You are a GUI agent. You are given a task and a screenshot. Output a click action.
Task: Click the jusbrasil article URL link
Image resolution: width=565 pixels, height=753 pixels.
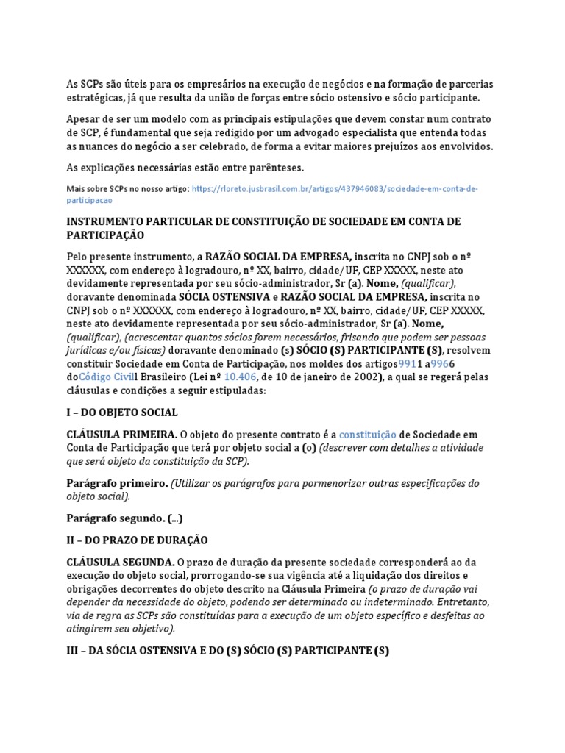click(x=335, y=189)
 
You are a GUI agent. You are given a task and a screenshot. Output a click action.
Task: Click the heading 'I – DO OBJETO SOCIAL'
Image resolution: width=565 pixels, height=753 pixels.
click(x=122, y=413)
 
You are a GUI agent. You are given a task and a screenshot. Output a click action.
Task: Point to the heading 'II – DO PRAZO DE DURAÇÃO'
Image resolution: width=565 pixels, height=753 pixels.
click(x=137, y=540)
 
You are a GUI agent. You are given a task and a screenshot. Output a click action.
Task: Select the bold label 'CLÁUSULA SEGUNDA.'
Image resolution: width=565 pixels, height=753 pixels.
click(x=111, y=562)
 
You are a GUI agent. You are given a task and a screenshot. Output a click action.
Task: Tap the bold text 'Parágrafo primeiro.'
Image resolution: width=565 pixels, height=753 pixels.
click(x=106, y=483)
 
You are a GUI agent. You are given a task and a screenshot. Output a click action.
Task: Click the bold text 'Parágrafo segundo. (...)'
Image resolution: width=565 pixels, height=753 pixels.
click(x=124, y=518)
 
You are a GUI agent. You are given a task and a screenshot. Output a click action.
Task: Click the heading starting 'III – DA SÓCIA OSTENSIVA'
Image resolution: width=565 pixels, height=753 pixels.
click(x=227, y=650)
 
